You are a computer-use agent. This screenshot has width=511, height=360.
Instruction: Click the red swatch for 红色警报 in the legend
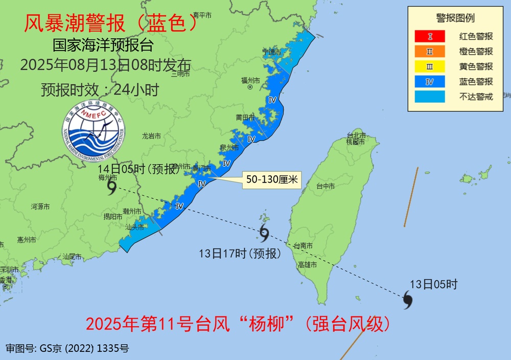(430, 36)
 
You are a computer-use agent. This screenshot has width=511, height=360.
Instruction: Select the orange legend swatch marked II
(430, 51)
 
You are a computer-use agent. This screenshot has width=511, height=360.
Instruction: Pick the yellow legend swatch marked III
(430, 66)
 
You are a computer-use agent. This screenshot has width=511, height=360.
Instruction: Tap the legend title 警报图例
(455, 18)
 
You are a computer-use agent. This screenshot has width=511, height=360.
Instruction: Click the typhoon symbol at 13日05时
(407, 300)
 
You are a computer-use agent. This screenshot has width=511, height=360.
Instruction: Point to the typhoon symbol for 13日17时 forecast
(264, 233)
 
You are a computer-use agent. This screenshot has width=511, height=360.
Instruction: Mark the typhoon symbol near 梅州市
(112, 189)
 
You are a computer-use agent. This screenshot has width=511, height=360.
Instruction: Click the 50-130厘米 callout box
(272, 179)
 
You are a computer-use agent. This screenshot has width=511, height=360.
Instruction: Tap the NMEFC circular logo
(94, 132)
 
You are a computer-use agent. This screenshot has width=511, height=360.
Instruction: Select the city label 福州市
(250, 80)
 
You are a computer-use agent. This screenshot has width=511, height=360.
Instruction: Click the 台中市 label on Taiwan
(326, 187)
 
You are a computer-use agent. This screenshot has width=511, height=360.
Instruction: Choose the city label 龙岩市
(151, 136)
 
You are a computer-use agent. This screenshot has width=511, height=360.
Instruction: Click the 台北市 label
(356, 136)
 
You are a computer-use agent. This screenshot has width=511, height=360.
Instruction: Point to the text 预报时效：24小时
(100, 89)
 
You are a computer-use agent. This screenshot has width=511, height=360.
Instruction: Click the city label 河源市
(40, 207)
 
